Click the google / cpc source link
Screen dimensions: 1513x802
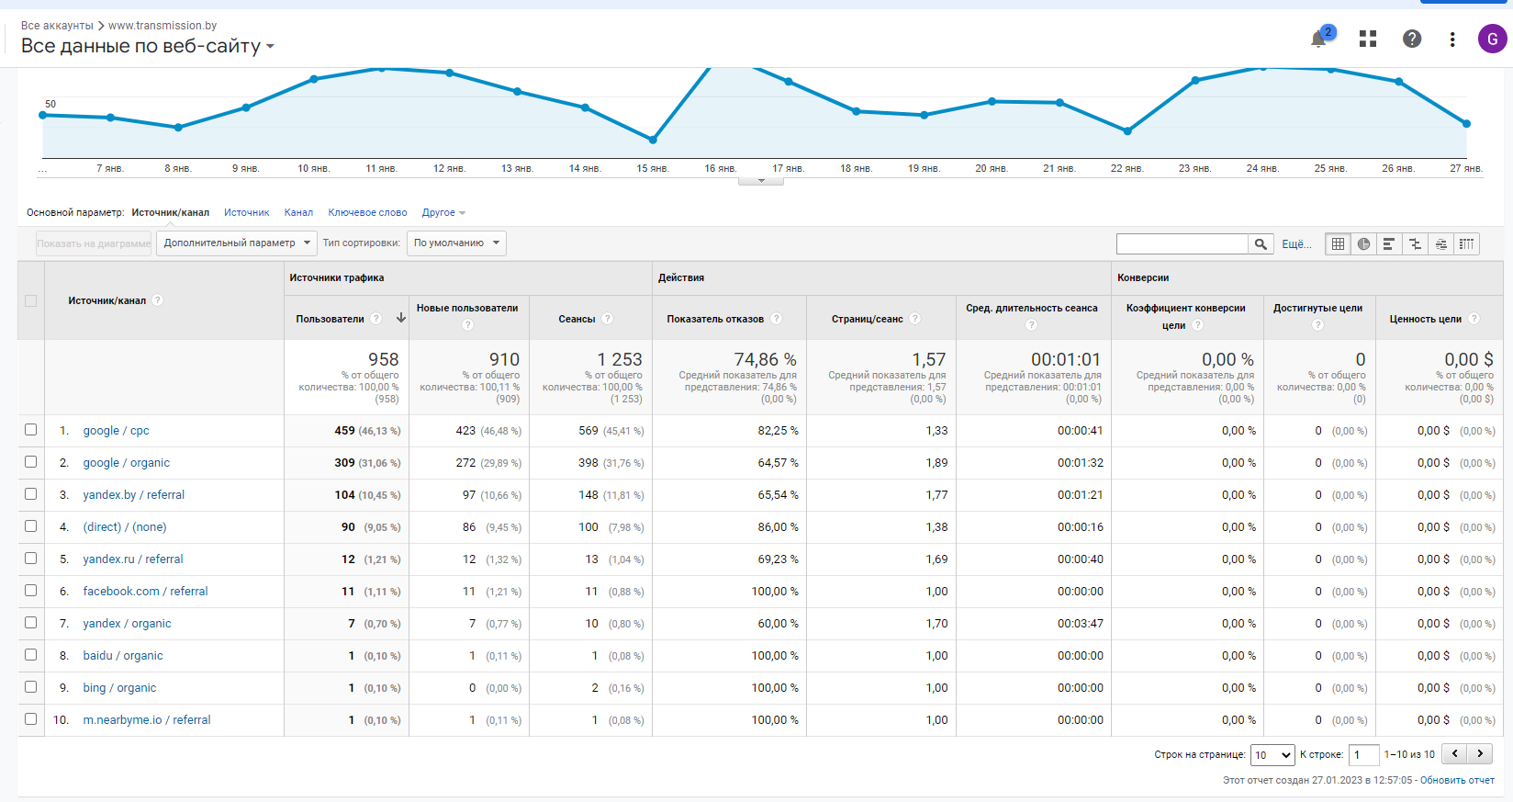117,430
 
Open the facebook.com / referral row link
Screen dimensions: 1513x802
145,592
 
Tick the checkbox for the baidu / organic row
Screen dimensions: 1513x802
31,655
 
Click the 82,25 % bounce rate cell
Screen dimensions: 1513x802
778,430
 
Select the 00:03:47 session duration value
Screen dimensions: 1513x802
1080,624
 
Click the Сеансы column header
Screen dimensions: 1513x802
577,319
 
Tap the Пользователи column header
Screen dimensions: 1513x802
330,319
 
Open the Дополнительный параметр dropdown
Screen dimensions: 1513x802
237,243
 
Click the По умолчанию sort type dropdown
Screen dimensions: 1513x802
456,243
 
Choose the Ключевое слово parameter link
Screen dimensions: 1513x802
367,212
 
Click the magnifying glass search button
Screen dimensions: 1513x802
1261,244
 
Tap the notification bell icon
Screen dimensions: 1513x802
1318,40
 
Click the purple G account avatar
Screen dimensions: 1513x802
1492,39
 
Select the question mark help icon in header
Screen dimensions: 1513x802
1412,39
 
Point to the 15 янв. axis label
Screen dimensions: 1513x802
653,168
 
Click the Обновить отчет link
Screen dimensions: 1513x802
1457,780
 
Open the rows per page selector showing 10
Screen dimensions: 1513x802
1272,755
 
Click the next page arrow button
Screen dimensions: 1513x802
1480,753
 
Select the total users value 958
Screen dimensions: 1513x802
383,359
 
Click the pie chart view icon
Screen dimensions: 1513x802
1363,244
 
